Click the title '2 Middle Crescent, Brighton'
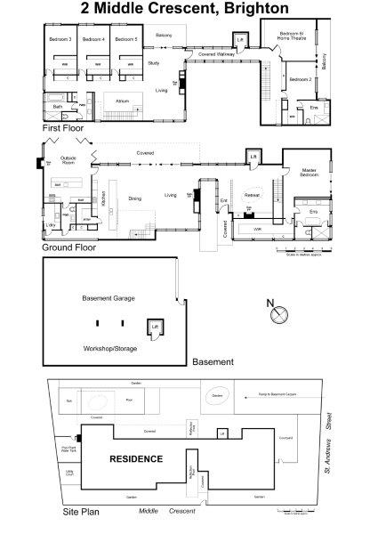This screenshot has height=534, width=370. pos(185,9)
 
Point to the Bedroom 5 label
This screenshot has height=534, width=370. pos(125,40)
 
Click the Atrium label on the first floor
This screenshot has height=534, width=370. pos(123,101)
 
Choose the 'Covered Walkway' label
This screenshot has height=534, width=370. pos(218,55)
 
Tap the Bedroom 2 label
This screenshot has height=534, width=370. pos(300,79)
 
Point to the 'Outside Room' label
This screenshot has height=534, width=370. pos(68,160)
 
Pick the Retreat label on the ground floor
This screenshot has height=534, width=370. pos(252,194)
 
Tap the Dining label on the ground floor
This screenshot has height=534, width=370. pos(135,198)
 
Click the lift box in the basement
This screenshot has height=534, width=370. pos(156,328)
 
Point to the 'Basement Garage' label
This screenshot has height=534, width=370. pos(109,298)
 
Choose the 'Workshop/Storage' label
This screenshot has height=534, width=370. pos(109,348)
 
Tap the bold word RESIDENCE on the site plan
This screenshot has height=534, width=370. pos(136,459)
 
